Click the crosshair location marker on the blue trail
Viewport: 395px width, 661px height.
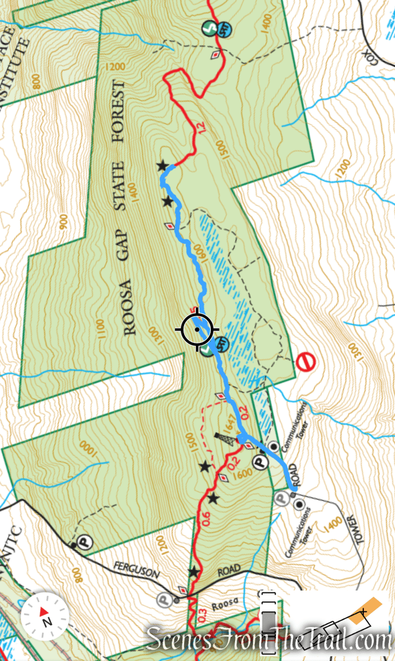tap(197, 329)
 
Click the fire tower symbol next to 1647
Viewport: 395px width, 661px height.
tap(221, 438)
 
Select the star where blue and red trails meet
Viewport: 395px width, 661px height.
tap(162, 165)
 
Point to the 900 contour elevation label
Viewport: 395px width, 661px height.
tap(63, 222)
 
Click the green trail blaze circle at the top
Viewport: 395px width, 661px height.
tap(210, 28)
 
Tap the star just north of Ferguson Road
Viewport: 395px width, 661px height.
tap(193, 571)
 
